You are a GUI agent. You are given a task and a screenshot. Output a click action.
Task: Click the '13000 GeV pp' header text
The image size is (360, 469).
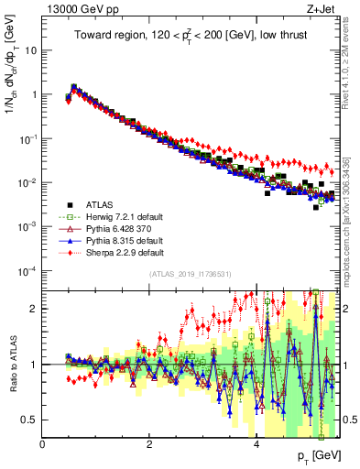(x=73, y=9)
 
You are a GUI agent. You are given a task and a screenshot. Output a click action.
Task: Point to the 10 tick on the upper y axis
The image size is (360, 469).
(x=31, y=50)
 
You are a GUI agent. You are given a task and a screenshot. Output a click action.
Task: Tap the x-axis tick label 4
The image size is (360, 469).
(x=256, y=442)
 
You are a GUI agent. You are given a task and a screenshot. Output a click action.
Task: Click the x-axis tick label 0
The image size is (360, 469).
(x=42, y=442)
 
